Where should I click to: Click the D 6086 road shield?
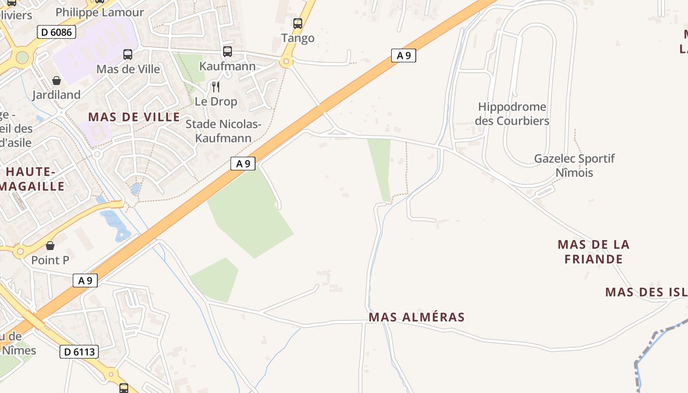click(57, 32)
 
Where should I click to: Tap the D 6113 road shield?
click(79, 352)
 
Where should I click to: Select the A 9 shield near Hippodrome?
click(403, 56)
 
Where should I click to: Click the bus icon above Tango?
click(297, 23)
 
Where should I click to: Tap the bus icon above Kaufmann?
click(227, 51)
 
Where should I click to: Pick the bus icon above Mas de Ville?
click(128, 54)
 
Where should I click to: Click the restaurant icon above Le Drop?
click(216, 87)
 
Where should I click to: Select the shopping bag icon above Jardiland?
click(57, 81)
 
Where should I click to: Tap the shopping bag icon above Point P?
click(50, 245)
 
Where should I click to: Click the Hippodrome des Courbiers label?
click(512, 113)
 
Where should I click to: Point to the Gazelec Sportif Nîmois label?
click(574, 166)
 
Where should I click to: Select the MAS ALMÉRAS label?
click(416, 317)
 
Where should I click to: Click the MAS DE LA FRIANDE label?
click(593, 252)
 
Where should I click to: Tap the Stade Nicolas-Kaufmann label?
click(224, 131)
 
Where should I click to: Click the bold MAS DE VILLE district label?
click(134, 117)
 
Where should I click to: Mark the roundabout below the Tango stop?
click(285, 62)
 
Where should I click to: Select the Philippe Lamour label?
click(100, 12)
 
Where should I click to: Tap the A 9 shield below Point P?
click(85, 281)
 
